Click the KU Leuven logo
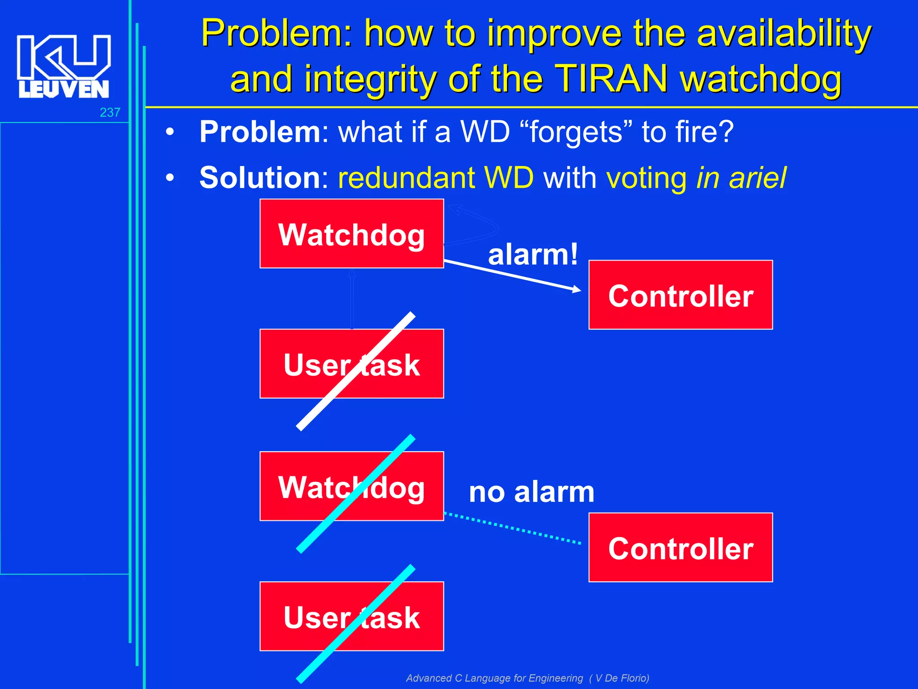coord(63,66)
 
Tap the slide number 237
coord(110,112)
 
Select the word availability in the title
coord(784,34)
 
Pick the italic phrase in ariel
coord(741,178)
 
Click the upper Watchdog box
coord(351,234)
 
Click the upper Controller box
coord(680,295)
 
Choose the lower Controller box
coord(680,548)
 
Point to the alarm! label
coord(533,255)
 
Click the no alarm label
coord(531,492)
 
